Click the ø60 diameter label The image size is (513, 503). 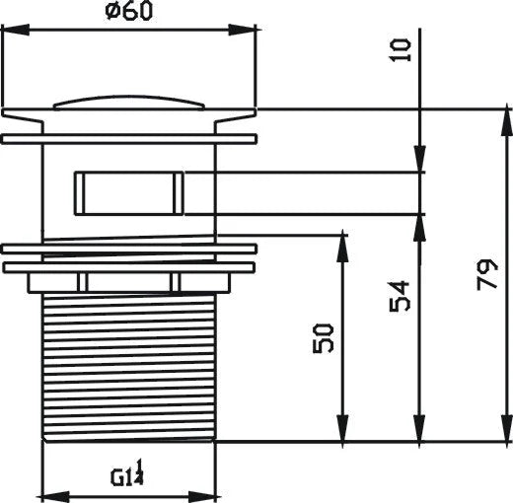(130, 13)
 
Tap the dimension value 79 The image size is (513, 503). (486, 275)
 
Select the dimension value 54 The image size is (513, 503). (398, 295)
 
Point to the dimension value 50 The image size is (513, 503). (326, 337)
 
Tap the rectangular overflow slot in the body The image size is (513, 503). (128, 191)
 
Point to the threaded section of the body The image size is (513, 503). (128, 365)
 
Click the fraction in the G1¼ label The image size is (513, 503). (144, 471)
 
